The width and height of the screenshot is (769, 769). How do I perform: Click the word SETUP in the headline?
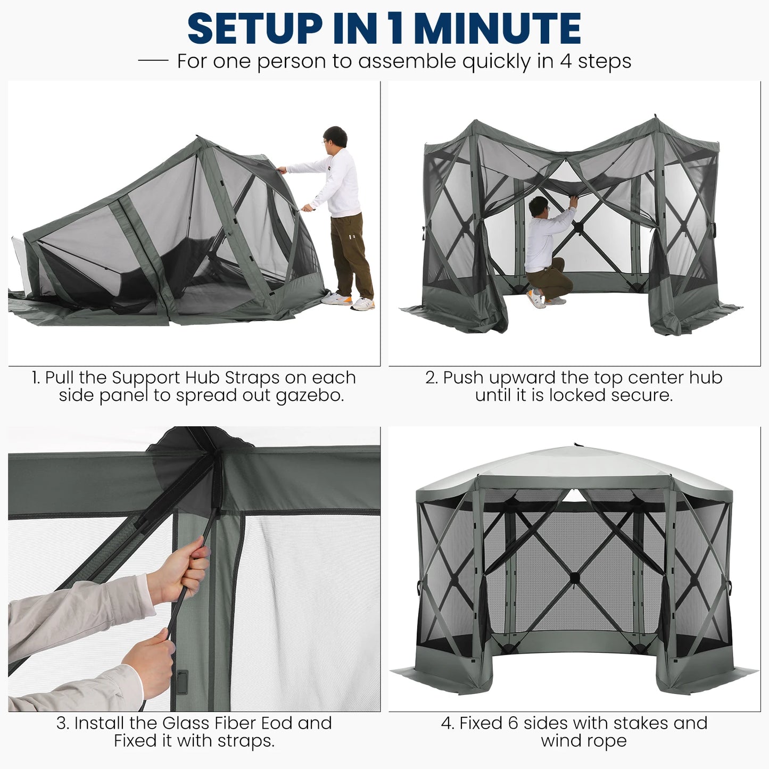click(x=255, y=28)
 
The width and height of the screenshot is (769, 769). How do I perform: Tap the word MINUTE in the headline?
click(x=497, y=28)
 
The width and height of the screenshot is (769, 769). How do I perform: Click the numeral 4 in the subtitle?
click(x=565, y=61)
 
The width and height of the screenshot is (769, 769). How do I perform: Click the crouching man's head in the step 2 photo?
click(x=539, y=206)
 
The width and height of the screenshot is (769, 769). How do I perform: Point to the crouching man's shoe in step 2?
click(x=536, y=299)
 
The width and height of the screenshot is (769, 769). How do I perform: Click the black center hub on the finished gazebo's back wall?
click(x=574, y=578)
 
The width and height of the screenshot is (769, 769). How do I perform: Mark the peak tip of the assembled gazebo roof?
click(x=575, y=444)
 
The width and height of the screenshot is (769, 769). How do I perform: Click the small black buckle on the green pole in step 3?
click(x=182, y=682)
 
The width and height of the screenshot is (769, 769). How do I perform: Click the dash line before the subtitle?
click(x=153, y=61)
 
